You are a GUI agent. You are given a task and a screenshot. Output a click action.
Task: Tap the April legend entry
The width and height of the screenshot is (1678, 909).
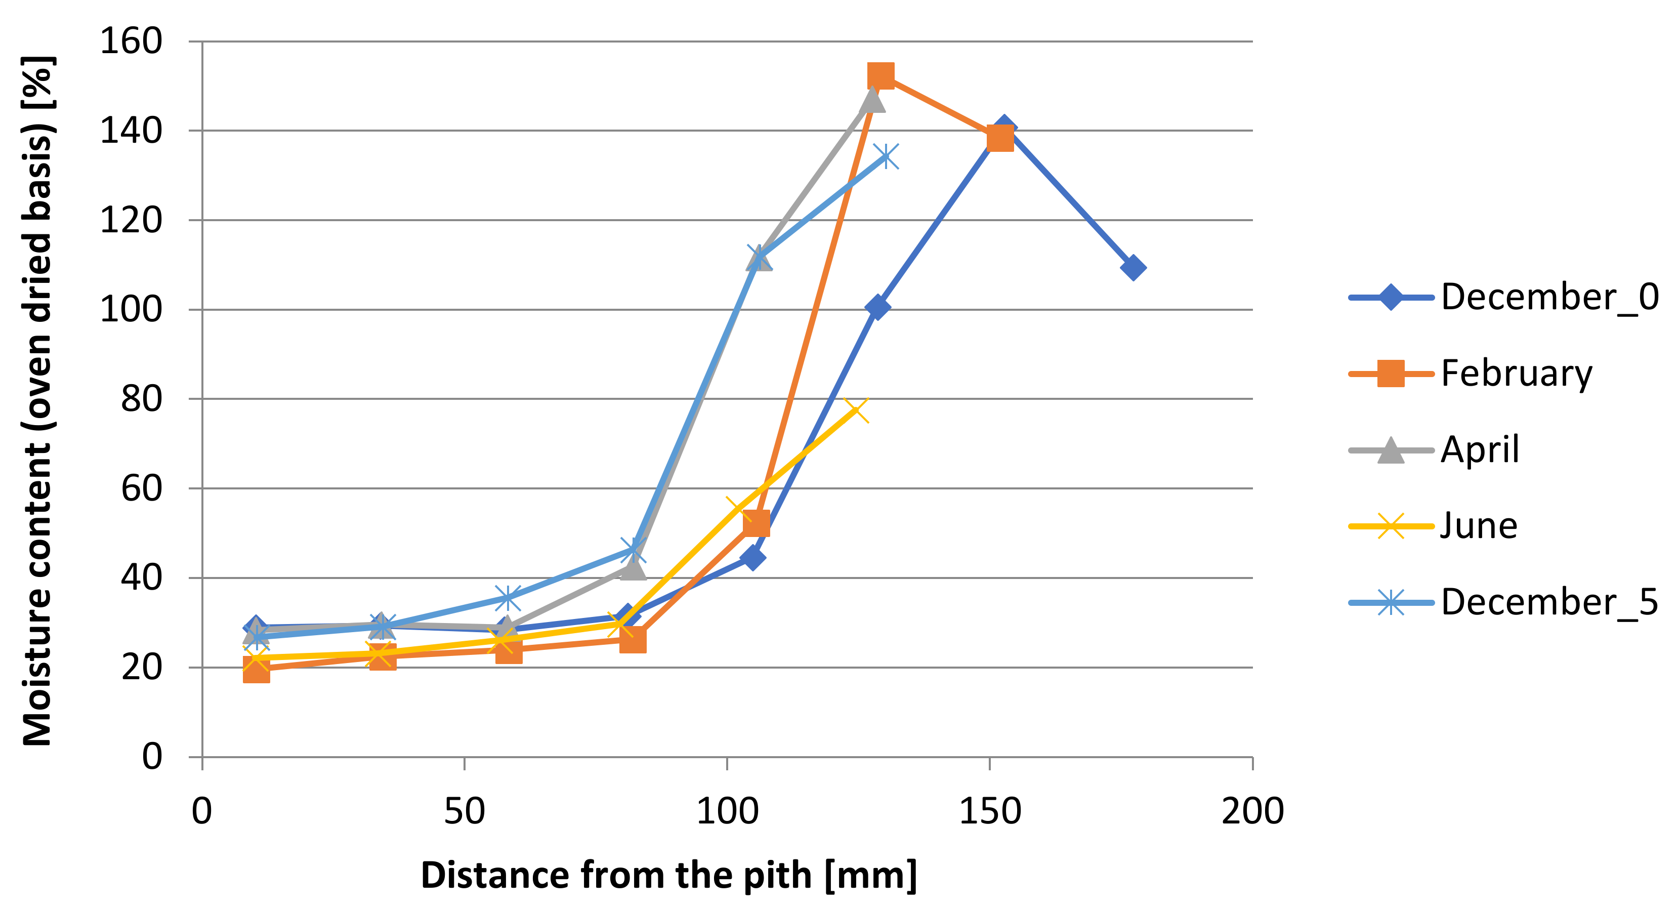point(1479,449)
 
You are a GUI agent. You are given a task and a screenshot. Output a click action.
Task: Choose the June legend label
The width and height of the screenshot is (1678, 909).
point(1478,526)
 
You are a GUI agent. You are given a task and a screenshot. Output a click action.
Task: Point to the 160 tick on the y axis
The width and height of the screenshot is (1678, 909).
point(130,41)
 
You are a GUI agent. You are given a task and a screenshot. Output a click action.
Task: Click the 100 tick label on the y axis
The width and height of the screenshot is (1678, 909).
point(130,310)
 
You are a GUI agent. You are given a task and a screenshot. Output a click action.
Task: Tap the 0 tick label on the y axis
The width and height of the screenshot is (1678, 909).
point(152,757)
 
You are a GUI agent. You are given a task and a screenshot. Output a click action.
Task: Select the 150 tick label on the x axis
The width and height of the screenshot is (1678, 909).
point(989,812)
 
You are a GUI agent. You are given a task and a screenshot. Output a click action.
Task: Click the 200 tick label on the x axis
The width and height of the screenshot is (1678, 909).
point(1252,812)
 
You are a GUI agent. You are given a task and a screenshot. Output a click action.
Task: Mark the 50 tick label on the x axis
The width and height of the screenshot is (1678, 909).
point(465,812)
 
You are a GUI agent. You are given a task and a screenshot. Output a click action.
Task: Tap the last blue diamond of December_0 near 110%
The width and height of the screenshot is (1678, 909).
point(1134,267)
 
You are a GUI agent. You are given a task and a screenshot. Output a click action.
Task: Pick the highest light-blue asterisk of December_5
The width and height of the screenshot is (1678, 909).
point(886,156)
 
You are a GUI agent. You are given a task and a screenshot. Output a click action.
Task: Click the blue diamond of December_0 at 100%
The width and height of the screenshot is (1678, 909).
point(877,307)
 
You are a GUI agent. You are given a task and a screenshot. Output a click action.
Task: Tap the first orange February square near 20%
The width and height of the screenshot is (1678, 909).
point(256,669)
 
